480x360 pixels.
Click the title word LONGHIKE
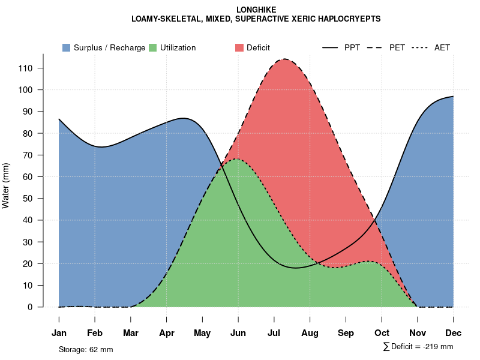(256, 10)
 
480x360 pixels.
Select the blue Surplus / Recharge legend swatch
(66, 47)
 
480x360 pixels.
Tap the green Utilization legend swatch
(152, 47)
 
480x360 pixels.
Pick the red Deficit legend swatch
(239, 47)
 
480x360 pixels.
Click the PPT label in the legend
(352, 47)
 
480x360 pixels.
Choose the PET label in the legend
(397, 47)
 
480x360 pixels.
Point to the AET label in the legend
(442, 47)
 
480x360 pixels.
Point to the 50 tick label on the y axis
(28, 199)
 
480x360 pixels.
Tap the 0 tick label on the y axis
(30, 307)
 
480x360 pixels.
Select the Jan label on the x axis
(59, 333)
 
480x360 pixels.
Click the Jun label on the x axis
(238, 333)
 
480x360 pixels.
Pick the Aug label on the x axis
(310, 333)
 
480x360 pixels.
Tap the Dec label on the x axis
(453, 333)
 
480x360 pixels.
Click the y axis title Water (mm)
(6, 185)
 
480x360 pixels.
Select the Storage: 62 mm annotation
(86, 349)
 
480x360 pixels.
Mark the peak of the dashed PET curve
(284, 59)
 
